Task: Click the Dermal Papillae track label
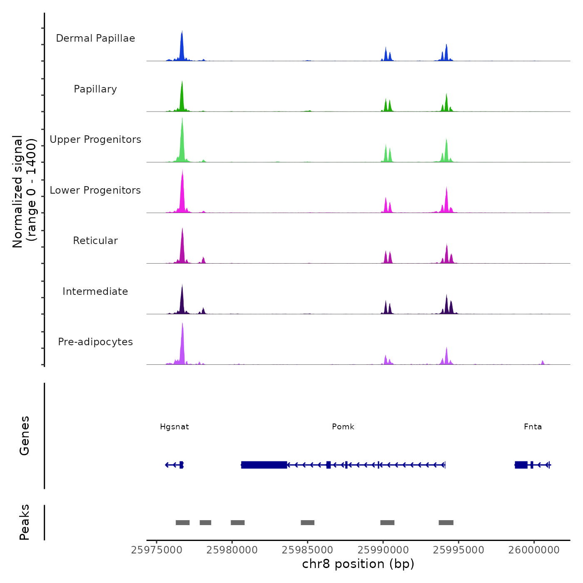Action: click(95, 38)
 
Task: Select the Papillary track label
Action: click(95, 89)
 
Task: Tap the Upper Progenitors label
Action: click(95, 140)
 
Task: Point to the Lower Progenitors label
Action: click(95, 190)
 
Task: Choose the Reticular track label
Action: click(95, 241)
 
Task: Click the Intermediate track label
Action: click(95, 291)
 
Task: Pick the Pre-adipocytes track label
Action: click(95, 342)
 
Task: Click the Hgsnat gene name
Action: click(174, 427)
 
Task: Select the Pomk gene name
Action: click(343, 427)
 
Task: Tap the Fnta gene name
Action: click(533, 427)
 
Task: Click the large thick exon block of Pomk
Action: click(264, 465)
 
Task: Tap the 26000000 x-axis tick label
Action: click(534, 550)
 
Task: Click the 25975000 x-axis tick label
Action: click(157, 550)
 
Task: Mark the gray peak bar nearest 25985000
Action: click(307, 523)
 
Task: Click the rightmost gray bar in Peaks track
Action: click(446, 523)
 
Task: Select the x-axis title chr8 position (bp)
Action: click(358, 564)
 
